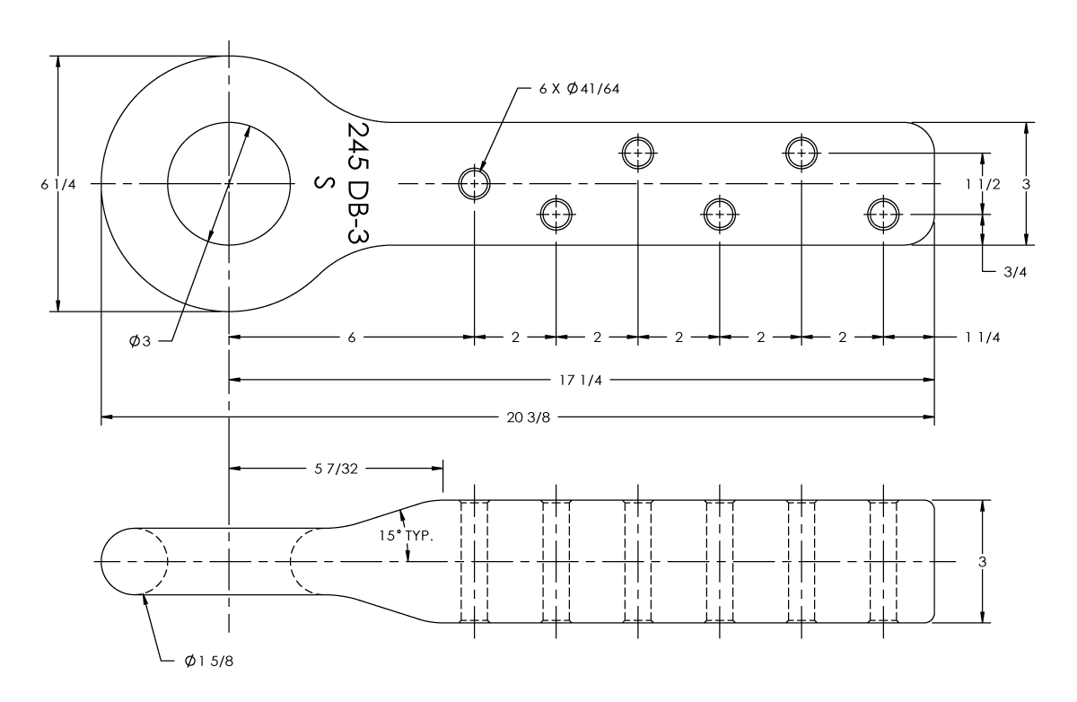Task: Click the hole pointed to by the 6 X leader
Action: (474, 184)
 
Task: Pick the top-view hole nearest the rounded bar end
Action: (883, 215)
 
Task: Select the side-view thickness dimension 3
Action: (984, 561)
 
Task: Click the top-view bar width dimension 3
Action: (1026, 184)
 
